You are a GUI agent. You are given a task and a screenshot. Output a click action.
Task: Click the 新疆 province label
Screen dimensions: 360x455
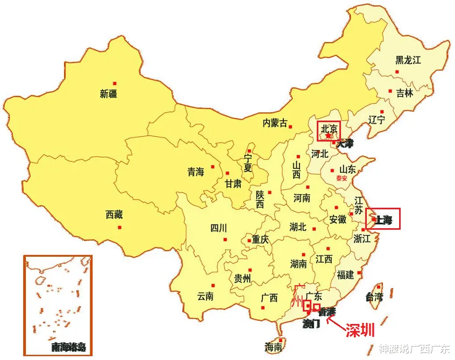pos(108,94)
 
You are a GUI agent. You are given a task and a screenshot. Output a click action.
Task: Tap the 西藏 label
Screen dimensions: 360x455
pos(114,215)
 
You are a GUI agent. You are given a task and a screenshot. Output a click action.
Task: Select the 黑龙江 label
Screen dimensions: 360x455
pos(408,60)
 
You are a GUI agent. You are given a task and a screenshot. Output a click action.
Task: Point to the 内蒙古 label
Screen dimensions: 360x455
pos(275,123)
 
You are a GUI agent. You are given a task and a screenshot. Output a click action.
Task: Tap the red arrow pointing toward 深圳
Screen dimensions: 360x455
pos(335,322)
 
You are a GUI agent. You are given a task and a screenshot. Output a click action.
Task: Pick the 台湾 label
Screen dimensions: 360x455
pos(374,297)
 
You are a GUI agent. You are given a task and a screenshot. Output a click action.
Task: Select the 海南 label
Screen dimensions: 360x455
pos(274,347)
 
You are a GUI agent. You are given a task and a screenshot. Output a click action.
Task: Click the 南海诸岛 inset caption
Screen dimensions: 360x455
pos(68,347)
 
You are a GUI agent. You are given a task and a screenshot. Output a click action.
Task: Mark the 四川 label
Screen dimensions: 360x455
pos(219,228)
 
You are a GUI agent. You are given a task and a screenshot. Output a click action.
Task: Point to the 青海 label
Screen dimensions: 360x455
pos(196,172)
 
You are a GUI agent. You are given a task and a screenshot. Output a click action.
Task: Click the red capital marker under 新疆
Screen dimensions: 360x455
pos(115,83)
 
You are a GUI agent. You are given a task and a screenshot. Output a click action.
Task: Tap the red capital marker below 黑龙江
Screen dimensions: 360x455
pos(397,72)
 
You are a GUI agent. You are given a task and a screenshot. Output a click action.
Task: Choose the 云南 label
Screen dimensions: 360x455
pos(205,296)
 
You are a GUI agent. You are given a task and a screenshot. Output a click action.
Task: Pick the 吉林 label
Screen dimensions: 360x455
pos(404,93)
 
